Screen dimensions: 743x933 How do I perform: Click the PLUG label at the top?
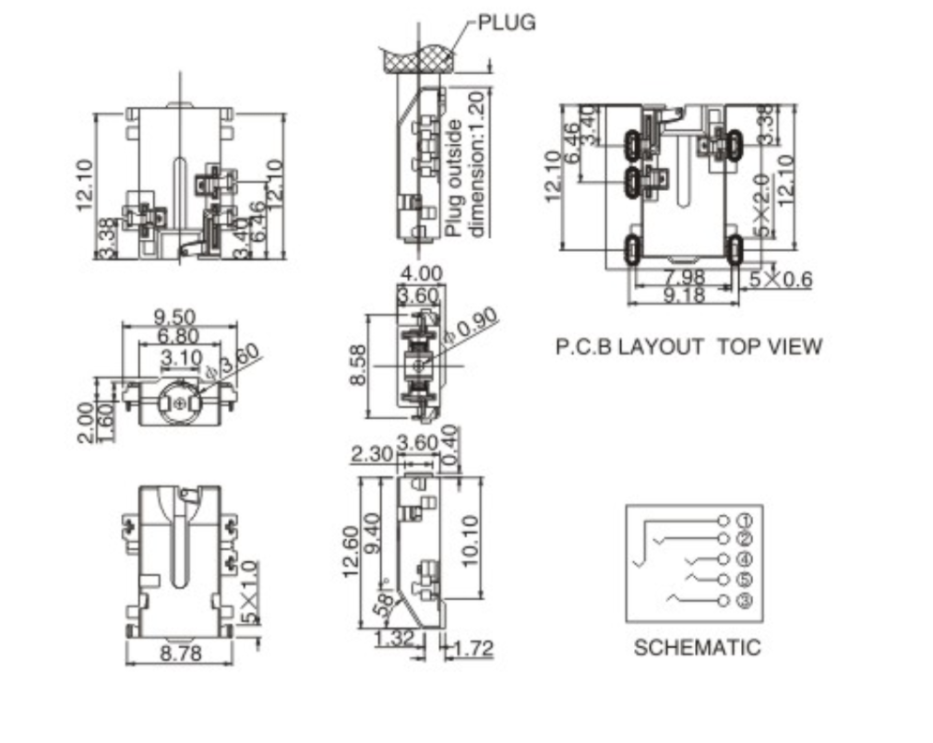click(x=506, y=22)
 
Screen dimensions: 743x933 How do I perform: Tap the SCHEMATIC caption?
click(x=697, y=647)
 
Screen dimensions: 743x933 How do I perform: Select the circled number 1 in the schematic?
click(x=746, y=520)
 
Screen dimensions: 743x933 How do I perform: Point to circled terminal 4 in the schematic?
click(x=746, y=559)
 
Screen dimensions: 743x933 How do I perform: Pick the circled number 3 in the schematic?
click(x=746, y=602)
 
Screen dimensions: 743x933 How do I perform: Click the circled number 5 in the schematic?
click(x=746, y=581)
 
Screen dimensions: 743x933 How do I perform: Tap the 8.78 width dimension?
click(x=179, y=653)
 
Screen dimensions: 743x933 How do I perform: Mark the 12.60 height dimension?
click(x=352, y=551)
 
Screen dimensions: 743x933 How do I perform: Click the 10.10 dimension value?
click(x=470, y=540)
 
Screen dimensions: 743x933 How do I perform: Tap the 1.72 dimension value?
click(x=473, y=648)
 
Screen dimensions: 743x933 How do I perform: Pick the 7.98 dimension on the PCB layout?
click(x=684, y=277)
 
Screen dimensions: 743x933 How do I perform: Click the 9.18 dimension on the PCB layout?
click(x=684, y=295)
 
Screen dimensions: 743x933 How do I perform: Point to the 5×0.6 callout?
click(x=780, y=278)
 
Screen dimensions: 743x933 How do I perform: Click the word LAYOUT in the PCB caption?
click(x=661, y=347)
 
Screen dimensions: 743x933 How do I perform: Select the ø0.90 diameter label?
click(x=472, y=326)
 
